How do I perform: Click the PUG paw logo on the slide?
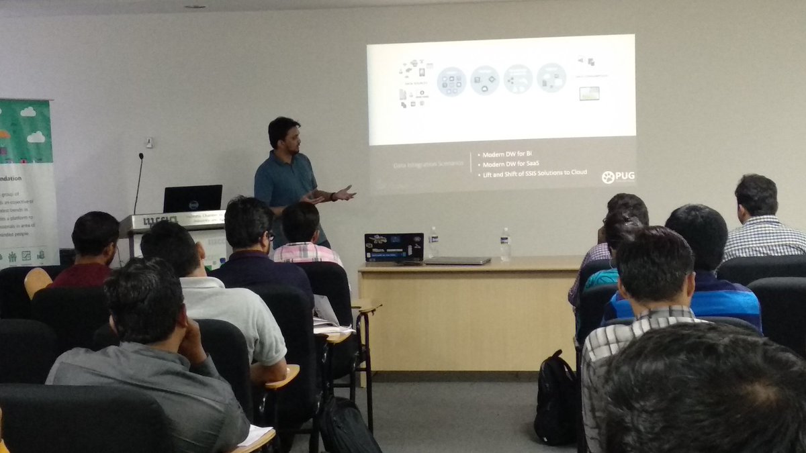pyautogui.click(x=608, y=177)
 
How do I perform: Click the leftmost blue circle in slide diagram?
pyautogui.click(x=451, y=81)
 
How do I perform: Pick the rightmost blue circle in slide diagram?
pyautogui.click(x=551, y=78)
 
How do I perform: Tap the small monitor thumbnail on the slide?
pyautogui.click(x=589, y=93)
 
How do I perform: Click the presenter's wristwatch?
pyautogui.click(x=332, y=197)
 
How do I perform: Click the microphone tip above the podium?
pyautogui.click(x=141, y=156)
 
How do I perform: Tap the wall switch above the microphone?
pyautogui.click(x=149, y=142)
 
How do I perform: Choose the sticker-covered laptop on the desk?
pyautogui.click(x=394, y=247)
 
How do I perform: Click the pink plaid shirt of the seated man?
pyautogui.click(x=308, y=253)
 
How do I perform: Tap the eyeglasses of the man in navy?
pyautogui.click(x=270, y=236)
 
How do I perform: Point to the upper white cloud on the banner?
pyautogui.click(x=28, y=111)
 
